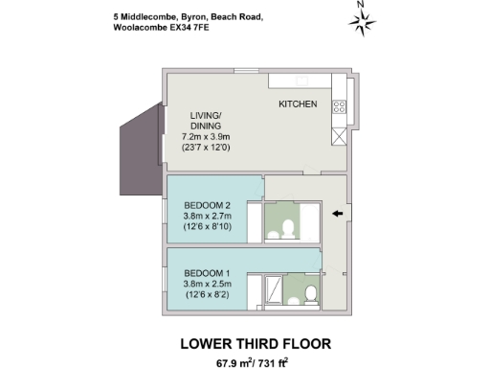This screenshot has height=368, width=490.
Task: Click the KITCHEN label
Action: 298,103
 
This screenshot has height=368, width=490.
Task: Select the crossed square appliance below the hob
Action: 338,135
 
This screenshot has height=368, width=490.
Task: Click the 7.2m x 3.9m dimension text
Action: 208,136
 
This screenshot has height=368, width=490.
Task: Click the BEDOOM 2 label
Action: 208,205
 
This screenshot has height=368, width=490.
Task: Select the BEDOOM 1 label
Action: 208,271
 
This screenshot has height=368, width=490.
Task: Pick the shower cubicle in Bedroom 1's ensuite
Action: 273,288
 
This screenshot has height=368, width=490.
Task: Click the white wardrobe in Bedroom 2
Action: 253,221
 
